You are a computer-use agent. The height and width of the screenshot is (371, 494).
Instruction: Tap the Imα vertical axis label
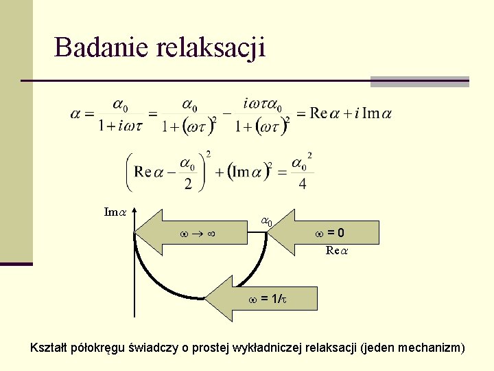click(x=114, y=212)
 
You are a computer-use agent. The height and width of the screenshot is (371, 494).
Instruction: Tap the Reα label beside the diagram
click(x=337, y=251)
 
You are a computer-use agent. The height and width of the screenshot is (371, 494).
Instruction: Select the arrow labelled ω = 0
click(x=322, y=233)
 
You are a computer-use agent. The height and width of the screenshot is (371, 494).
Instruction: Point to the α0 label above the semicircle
click(x=266, y=221)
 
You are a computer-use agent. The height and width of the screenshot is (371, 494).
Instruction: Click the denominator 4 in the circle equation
click(x=303, y=183)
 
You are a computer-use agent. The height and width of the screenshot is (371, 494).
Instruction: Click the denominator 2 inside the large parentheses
click(x=187, y=183)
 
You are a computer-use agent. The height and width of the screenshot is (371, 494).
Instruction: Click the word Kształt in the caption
click(x=49, y=348)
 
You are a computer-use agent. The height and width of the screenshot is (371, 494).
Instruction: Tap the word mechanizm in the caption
click(x=433, y=348)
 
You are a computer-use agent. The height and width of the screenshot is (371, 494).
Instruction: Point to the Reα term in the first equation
click(x=327, y=113)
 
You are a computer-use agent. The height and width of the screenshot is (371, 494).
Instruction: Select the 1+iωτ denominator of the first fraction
click(x=119, y=126)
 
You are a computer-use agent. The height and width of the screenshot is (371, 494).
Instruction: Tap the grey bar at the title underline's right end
click(x=419, y=81)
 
